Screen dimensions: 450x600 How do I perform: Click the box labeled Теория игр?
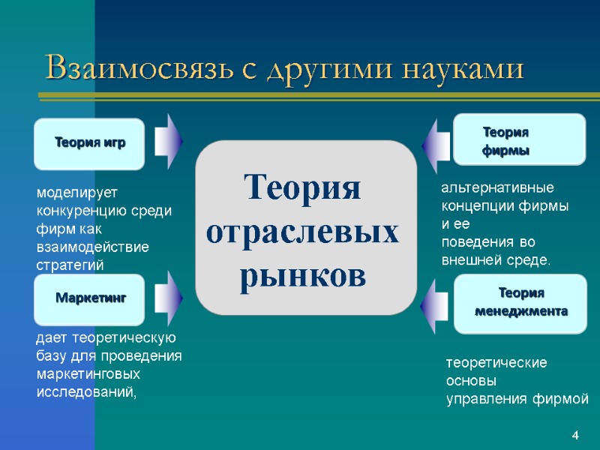[x=88, y=142]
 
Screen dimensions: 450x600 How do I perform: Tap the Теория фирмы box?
[x=519, y=139]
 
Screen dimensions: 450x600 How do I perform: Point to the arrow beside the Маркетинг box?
[x=169, y=298]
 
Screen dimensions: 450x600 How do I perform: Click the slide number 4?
[x=575, y=436]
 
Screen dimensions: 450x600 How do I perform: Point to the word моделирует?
[x=73, y=193]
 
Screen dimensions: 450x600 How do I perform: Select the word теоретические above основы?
[x=496, y=363]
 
